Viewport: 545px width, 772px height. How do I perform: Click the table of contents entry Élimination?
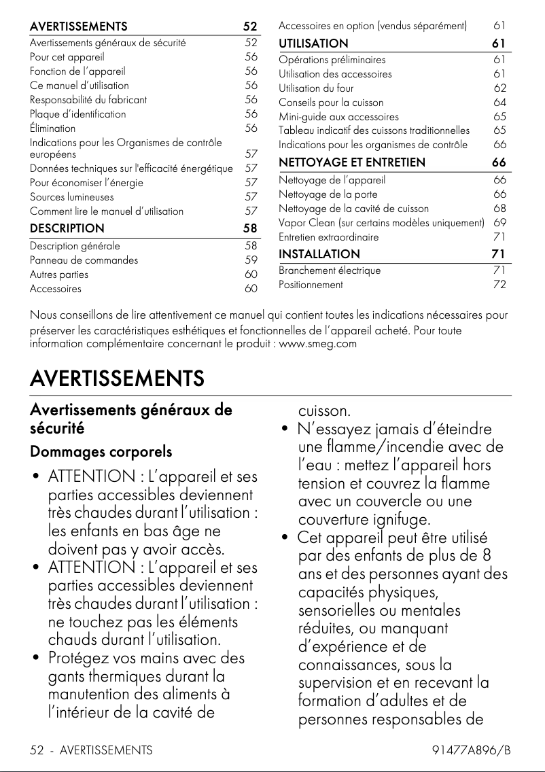point(52,128)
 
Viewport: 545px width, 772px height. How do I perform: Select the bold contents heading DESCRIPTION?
point(67,228)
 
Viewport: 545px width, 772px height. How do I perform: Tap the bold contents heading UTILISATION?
point(313,43)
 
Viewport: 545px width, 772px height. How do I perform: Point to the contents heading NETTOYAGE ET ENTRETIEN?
point(352,162)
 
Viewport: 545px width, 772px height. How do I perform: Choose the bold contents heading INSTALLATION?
point(319,254)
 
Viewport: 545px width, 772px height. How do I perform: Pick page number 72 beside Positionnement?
point(499,285)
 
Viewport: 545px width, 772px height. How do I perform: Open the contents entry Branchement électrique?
point(330,270)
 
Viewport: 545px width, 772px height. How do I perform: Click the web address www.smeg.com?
point(318,343)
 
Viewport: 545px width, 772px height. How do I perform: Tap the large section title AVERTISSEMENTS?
point(117,378)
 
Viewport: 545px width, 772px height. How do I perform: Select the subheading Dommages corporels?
point(101,452)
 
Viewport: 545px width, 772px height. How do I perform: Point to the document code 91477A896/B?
point(471,750)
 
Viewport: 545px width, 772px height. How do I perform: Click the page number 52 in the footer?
point(37,750)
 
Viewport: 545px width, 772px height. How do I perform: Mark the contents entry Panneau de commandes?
point(84,260)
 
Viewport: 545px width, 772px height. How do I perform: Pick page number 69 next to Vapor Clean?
point(499,223)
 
